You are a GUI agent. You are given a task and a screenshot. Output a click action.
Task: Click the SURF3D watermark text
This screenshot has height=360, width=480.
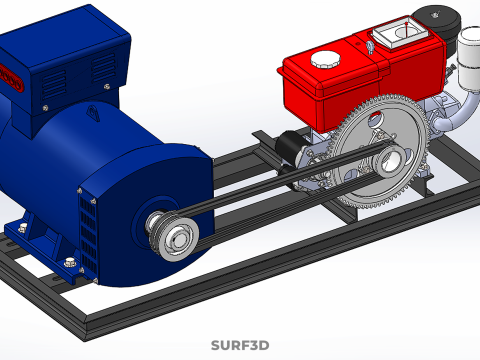(x=240, y=345)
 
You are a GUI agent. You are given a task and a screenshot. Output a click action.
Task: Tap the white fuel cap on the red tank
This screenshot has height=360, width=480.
(x=325, y=59)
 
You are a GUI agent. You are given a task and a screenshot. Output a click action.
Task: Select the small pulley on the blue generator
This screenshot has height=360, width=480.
(x=174, y=236)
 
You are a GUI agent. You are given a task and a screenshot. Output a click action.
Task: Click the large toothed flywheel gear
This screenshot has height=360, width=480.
(x=380, y=152)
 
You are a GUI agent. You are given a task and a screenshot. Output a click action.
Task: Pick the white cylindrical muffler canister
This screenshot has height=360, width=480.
(x=469, y=58)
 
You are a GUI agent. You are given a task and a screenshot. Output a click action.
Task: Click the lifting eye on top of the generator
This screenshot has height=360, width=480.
(x=93, y=113)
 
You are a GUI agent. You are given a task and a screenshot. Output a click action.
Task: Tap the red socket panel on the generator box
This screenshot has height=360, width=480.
(x=12, y=78)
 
